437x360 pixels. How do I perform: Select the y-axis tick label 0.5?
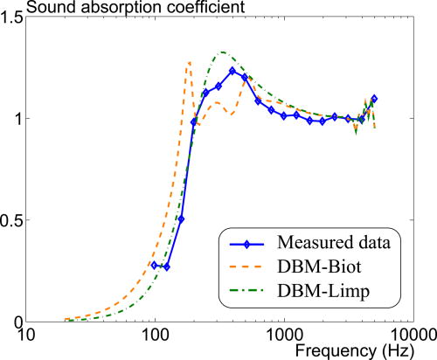pyautogui.click(x=14, y=219)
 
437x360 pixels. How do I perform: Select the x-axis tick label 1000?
pyautogui.click(x=281, y=335)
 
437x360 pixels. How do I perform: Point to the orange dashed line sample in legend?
pyautogui.click(x=251, y=268)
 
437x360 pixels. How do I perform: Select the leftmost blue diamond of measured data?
pyautogui.click(x=154, y=265)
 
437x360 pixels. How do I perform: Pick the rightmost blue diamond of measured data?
pyautogui.click(x=374, y=99)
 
